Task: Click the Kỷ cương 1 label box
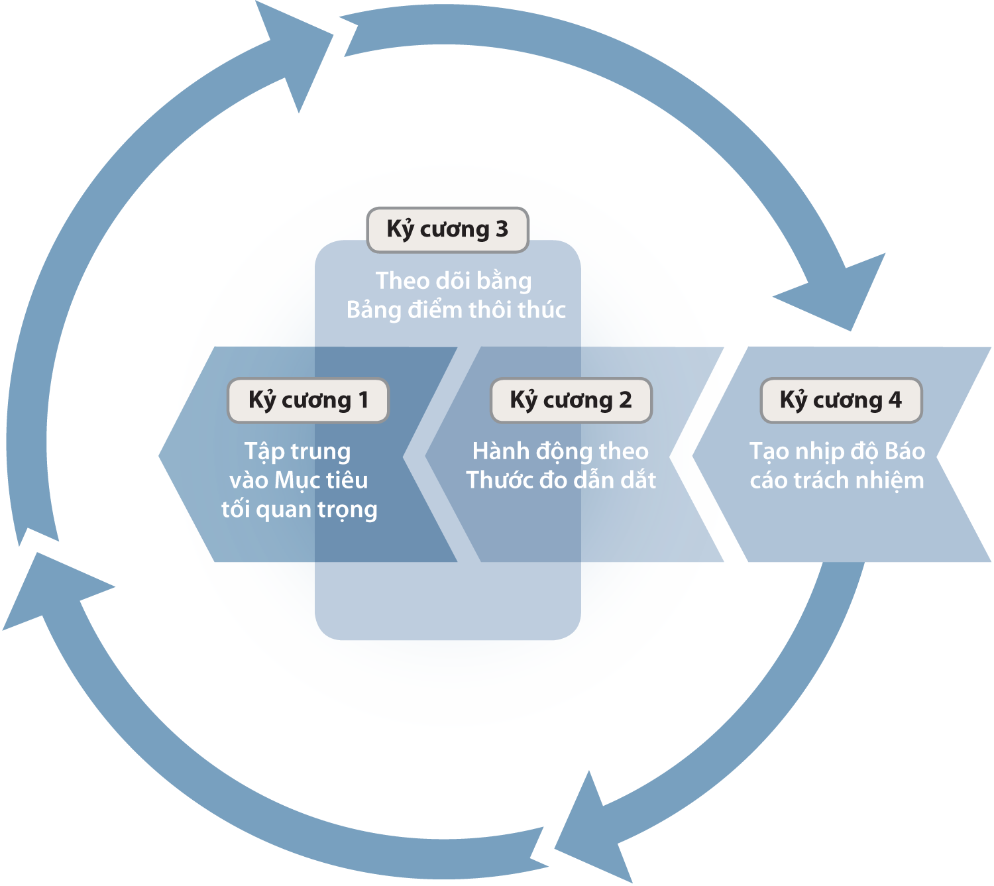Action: [307, 400]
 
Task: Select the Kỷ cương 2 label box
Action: [571, 400]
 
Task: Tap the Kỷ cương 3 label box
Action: [447, 229]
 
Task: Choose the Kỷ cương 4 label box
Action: [841, 400]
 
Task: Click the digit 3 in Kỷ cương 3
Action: [502, 229]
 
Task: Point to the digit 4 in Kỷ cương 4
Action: [895, 400]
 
